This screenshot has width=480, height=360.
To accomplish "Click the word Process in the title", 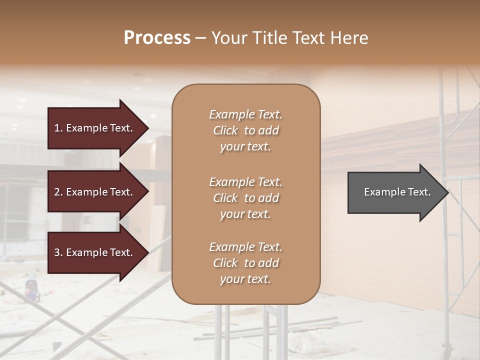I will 157,38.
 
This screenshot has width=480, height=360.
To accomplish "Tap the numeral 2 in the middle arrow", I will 57,192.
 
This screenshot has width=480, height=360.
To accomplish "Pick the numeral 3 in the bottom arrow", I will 57,252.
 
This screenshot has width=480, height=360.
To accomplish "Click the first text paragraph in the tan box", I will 245,130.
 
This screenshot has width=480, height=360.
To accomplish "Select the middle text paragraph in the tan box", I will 245,198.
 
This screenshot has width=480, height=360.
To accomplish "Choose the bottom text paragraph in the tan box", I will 245,263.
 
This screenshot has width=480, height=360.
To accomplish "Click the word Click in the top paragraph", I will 225,130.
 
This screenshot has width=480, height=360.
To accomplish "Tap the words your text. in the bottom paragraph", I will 245,279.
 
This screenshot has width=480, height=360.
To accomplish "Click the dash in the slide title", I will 200,38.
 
